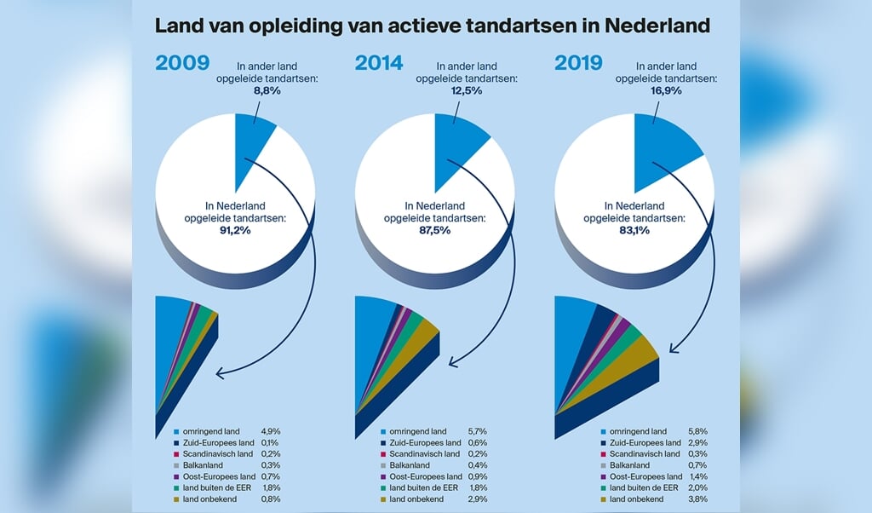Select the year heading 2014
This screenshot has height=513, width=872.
pos(381,62)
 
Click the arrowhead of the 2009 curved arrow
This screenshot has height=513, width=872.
pos(221,372)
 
